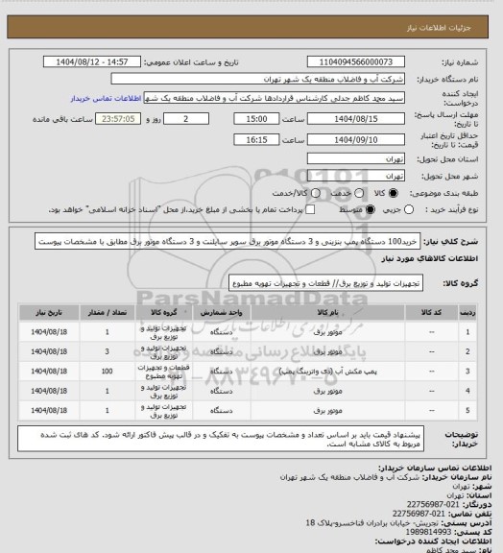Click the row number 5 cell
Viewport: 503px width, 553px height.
click(x=467, y=411)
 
